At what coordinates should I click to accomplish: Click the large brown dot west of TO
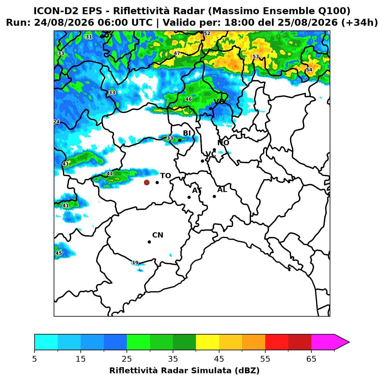[147, 182]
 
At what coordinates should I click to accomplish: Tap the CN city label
[158, 235]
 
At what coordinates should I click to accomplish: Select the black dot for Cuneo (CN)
[149, 242]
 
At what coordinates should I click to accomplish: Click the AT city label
[197, 190]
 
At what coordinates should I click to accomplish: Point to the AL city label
[222, 190]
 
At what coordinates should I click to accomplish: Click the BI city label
[187, 133]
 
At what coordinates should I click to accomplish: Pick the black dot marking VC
[203, 161]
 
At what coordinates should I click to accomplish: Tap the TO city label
[166, 176]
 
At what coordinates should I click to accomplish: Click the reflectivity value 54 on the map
[309, 70]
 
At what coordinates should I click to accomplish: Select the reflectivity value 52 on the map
[207, 33]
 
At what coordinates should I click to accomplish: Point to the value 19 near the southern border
[135, 263]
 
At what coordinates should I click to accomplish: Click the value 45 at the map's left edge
[59, 253]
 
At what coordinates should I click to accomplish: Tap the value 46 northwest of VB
[188, 99]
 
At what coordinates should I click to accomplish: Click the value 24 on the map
[57, 122]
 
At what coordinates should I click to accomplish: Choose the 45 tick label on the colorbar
[219, 359]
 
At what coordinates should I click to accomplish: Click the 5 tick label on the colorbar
[35, 359]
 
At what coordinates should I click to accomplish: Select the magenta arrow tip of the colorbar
[349, 342]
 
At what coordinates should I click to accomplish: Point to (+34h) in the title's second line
[360, 23]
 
